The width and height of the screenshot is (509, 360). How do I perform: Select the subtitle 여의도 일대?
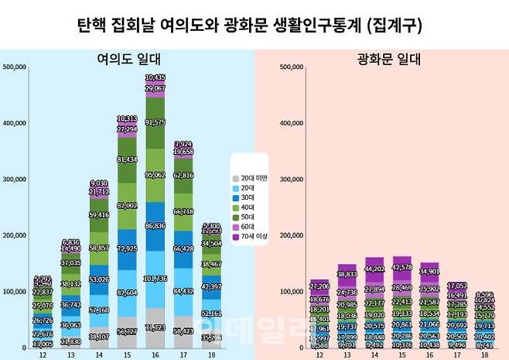point(127,58)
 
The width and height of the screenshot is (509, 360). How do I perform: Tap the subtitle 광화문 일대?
point(381,58)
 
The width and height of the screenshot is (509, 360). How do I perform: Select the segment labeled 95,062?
point(155,175)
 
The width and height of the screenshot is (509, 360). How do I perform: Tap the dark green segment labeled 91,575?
point(155,122)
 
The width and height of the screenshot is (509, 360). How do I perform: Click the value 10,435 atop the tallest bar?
point(155,78)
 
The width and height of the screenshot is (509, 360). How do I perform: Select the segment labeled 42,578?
point(402,268)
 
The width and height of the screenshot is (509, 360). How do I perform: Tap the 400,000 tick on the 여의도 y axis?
point(15,123)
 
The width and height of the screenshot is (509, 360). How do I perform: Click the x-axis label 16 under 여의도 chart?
point(155,354)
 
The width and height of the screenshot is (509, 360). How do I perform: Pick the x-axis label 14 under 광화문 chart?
point(374,354)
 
